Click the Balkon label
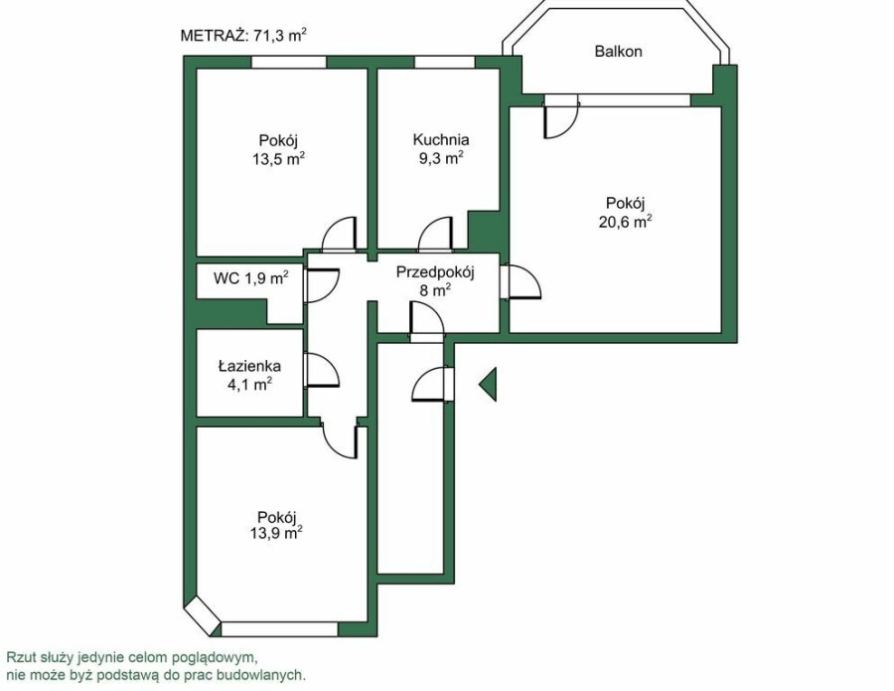[x=618, y=52]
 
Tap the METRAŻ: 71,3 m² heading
[x=244, y=36]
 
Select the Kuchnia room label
[x=441, y=140]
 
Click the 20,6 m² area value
[x=625, y=222]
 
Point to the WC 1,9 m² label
[x=251, y=277]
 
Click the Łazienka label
[x=249, y=365]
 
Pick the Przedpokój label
[x=436, y=272]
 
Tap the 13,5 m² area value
[x=278, y=159]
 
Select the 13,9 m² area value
[x=276, y=534]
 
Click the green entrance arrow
[x=488, y=384]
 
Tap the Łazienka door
[x=322, y=370]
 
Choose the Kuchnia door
[x=436, y=235]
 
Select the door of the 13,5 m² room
[x=340, y=235]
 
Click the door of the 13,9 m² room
[x=340, y=439]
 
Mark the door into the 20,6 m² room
[x=521, y=282]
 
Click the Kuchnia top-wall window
[x=444, y=63]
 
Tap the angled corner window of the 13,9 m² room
[x=204, y=615]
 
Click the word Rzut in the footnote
[x=19, y=657]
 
